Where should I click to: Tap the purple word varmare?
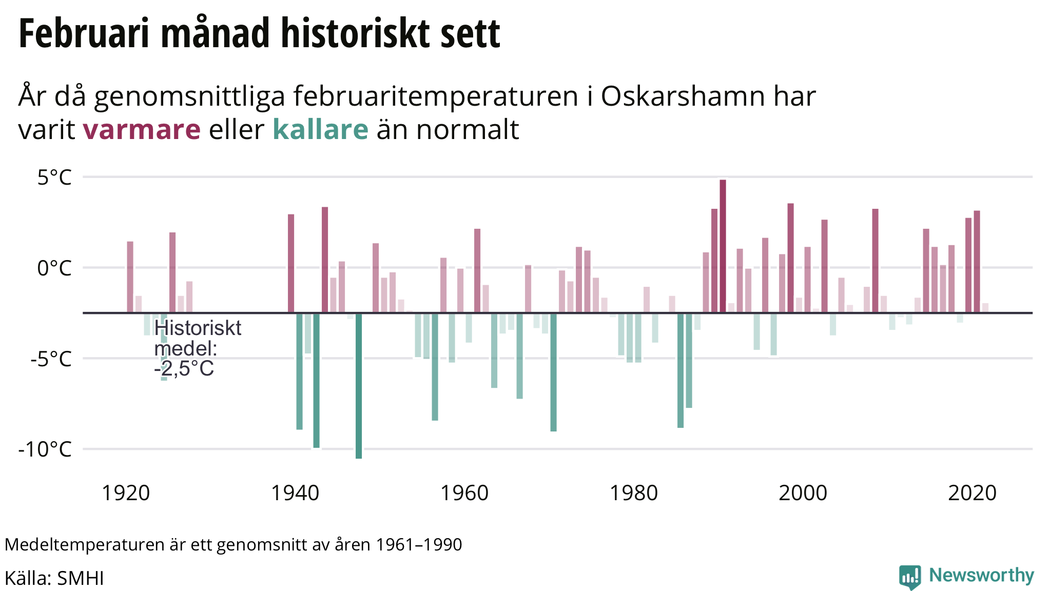[142, 129]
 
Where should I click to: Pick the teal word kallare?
[320, 129]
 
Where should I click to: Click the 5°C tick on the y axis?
[54, 178]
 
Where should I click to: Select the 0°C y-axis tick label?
[54, 268]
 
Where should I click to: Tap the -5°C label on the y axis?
[51, 359]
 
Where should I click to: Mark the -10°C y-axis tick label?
[45, 449]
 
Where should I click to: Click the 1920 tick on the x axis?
[126, 494]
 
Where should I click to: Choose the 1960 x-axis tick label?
[464, 494]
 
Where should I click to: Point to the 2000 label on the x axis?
[803, 494]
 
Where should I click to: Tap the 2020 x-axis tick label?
[972, 494]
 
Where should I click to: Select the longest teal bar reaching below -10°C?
[359, 385]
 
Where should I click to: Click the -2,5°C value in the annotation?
[184, 369]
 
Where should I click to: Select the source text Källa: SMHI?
[54, 578]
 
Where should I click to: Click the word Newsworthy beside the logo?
[981, 576]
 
